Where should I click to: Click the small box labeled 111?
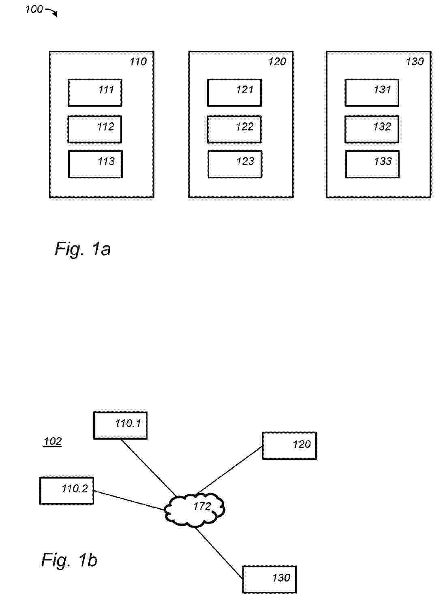(x=95, y=93)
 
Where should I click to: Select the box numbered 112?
(x=95, y=129)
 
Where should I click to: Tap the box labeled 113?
(x=95, y=164)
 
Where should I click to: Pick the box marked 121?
(x=234, y=93)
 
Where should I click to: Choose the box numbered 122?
(x=234, y=129)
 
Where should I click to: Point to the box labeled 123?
(x=235, y=164)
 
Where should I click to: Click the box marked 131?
(x=372, y=93)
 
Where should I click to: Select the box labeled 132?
(x=372, y=129)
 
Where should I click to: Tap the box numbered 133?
(x=372, y=164)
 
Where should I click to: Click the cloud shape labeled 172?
(x=195, y=510)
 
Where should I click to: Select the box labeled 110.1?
(x=120, y=425)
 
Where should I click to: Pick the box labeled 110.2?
(x=66, y=491)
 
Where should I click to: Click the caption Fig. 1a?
(x=83, y=249)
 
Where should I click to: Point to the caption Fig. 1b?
(x=69, y=560)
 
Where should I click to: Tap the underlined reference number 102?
(x=52, y=441)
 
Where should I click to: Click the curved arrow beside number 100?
(x=52, y=13)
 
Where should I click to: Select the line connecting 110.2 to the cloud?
(x=129, y=500)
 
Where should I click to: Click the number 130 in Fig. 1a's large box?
(x=415, y=62)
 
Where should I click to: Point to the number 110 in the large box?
(x=138, y=62)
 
